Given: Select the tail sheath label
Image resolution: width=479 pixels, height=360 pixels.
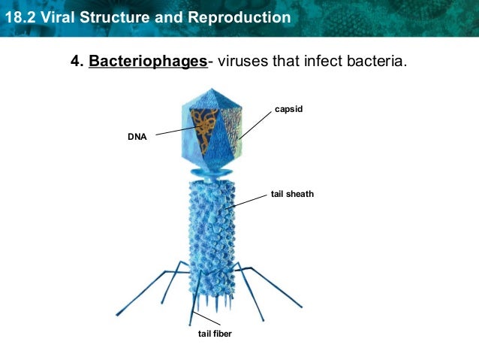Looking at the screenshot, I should (292, 194).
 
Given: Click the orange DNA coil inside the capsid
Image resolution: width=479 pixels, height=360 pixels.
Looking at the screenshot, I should (203, 125).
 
